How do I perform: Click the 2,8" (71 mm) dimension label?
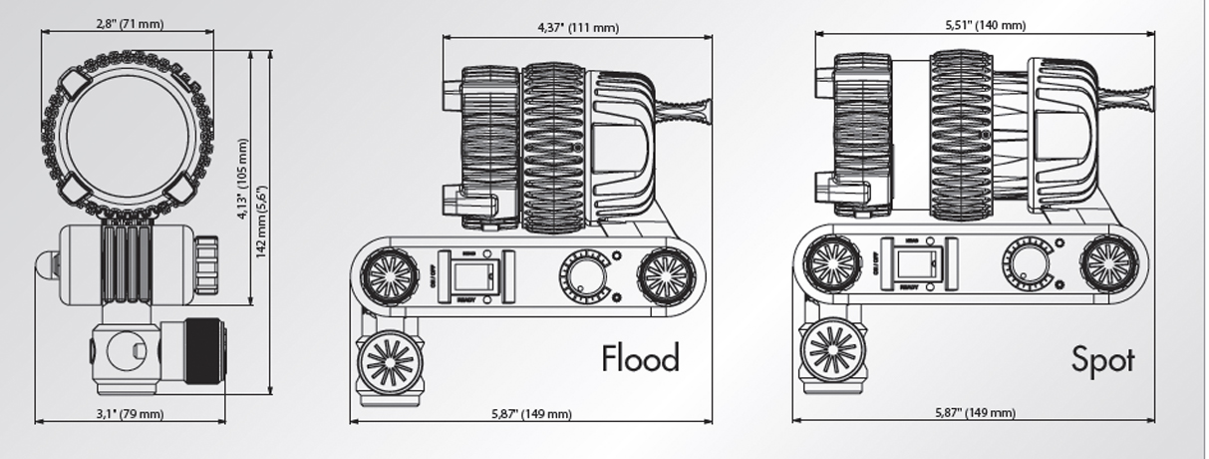(131, 24)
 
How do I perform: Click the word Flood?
(640, 357)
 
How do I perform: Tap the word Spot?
(1103, 358)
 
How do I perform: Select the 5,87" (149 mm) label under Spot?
(974, 412)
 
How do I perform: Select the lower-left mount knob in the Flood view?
(390, 360)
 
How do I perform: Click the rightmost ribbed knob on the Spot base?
(1108, 262)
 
